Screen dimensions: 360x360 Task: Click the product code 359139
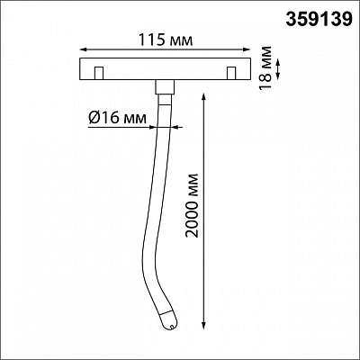pos(319,20)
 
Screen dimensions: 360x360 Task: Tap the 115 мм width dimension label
pos(166,40)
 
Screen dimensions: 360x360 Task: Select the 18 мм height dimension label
pos(265,67)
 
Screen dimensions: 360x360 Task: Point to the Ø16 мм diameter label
pos(118,118)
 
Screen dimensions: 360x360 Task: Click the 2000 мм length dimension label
pos(192,205)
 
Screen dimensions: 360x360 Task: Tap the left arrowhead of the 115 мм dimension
pos(84,49)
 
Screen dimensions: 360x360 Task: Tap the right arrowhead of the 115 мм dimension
pos(247,49)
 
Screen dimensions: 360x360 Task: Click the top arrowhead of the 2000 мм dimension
pos(203,97)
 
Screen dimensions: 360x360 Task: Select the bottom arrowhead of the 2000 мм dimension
pos(203,326)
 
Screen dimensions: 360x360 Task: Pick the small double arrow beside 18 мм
pos(278,69)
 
